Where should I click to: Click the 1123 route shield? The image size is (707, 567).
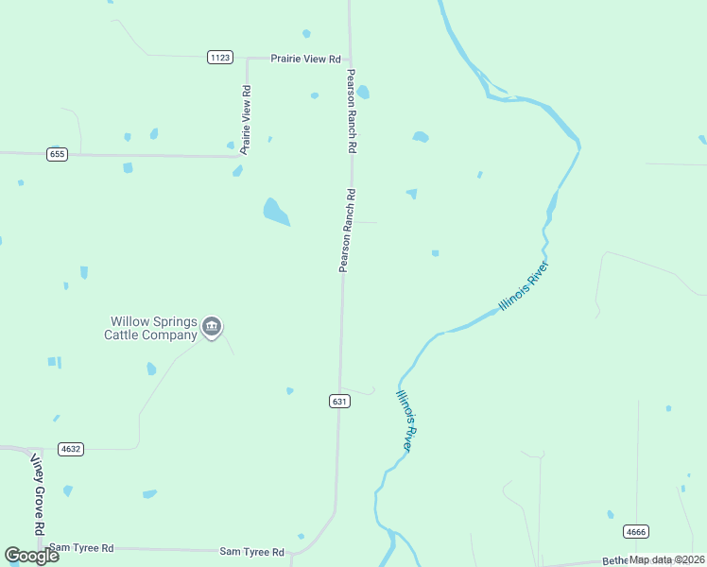[220, 58]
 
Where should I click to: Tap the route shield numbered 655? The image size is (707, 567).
[57, 154]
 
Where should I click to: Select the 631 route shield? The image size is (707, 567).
[340, 402]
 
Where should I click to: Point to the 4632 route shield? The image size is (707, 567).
[70, 449]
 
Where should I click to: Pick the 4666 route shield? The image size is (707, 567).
[636, 532]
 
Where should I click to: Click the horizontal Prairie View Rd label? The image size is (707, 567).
[305, 59]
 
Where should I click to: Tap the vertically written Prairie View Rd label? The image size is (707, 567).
[246, 120]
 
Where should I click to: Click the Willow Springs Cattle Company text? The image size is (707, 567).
[152, 328]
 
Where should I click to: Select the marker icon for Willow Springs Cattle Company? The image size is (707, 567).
[212, 328]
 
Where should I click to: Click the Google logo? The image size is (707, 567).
[31, 556]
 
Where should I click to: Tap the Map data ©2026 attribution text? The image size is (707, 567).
[667, 559]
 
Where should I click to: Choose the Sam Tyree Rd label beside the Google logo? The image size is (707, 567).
[81, 548]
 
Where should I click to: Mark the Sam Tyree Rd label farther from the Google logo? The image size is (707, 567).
[251, 552]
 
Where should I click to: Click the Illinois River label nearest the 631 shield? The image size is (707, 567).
[406, 421]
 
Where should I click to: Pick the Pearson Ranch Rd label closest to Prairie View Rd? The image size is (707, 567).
[351, 112]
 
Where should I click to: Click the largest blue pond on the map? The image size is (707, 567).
[275, 212]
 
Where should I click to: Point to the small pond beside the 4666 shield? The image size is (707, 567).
[611, 515]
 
